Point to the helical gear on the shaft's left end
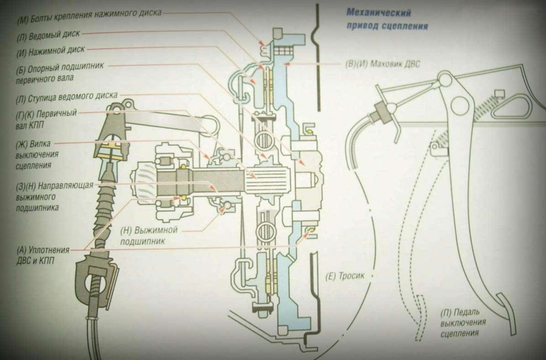[144, 183]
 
